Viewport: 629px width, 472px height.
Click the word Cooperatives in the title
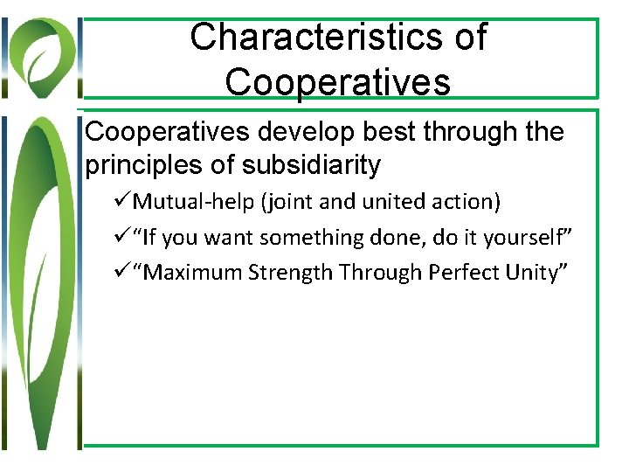click(337, 82)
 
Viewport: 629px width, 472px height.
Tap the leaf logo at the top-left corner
click(41, 52)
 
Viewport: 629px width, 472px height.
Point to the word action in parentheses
click(467, 203)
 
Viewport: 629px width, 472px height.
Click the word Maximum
click(193, 273)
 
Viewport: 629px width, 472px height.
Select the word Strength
click(290, 273)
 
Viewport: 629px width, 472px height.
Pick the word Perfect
click(467, 273)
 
